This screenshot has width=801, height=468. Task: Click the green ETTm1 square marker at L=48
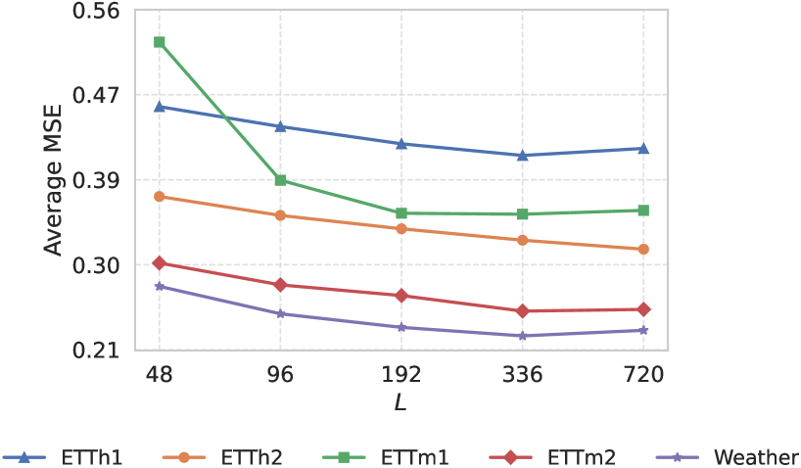[160, 42]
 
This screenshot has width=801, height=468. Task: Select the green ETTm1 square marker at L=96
[281, 180]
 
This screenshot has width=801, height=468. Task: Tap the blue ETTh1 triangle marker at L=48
[160, 106]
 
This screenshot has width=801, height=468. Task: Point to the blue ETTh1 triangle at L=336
[523, 155]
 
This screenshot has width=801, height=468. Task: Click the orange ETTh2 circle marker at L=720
[643, 250]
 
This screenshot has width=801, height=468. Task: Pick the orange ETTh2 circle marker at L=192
[401, 229]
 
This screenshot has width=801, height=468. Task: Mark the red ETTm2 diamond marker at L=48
[160, 263]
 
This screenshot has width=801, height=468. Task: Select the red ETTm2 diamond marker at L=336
[523, 311]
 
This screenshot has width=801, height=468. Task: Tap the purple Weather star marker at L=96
[281, 314]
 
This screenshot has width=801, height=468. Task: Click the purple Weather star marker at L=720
[643, 330]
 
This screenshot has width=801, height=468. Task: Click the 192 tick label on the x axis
[401, 375]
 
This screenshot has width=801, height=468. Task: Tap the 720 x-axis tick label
[643, 375]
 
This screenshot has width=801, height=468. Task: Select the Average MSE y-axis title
[54, 181]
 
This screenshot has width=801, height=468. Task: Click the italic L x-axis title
[401, 402]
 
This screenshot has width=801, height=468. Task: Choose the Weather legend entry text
[756, 456]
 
